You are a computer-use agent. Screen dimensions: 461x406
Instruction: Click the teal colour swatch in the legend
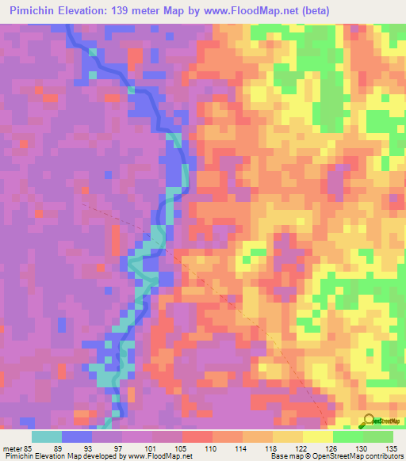[x=47, y=436]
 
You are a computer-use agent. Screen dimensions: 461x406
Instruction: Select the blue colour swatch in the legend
[x=77, y=436]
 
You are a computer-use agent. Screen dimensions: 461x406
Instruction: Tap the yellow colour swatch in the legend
[x=318, y=436]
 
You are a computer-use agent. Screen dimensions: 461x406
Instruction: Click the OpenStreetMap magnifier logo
[x=367, y=421]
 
